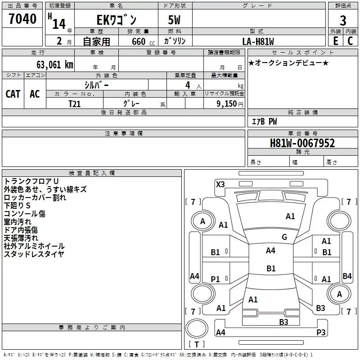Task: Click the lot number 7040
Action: click(22, 19)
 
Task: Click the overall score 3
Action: click(343, 21)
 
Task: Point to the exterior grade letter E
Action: click(335, 41)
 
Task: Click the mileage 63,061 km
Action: click(52, 64)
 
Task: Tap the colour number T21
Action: click(75, 103)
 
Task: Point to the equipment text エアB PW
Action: click(264, 121)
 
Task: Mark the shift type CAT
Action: click(13, 94)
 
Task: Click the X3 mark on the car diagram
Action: click(220, 184)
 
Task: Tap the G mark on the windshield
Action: click(284, 237)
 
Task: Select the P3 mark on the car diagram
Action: click(321, 333)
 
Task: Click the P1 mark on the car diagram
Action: click(216, 279)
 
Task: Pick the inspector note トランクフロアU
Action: click(31, 181)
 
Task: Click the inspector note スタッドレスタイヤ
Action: click(34, 254)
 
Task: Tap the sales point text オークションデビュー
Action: click(288, 63)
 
